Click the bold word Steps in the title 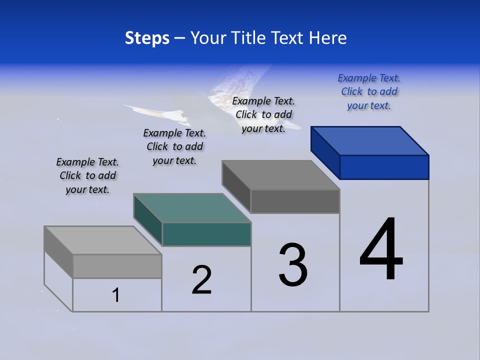(147, 38)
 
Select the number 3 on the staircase (293, 265)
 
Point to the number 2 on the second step (202, 280)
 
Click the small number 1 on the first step (116, 295)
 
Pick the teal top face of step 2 (192, 208)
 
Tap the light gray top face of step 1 (103, 240)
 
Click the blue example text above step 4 (369, 92)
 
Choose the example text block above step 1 (87, 175)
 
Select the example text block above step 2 (174, 146)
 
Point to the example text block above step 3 (263, 114)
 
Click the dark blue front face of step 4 (384, 167)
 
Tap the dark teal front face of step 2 (206, 234)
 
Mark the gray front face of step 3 (295, 201)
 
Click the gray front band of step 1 (117, 266)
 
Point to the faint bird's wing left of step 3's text (150, 111)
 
